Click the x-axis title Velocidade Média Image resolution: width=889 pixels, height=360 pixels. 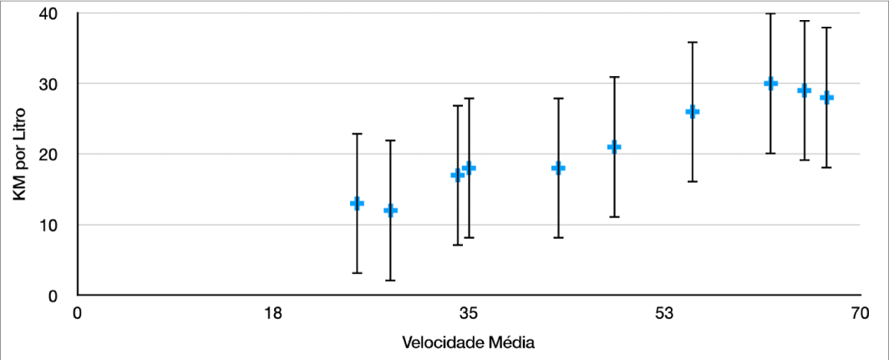pos(468,342)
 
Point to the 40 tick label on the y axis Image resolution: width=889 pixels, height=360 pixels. pos(48,14)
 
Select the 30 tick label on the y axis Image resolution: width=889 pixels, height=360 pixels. pos(48,84)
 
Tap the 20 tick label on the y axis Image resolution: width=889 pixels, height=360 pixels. pos(48,155)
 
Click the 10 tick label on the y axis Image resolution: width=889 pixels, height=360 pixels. pos(48,226)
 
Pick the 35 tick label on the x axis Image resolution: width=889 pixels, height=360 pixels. pos(469,314)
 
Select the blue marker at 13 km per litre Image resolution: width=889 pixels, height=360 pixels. pos(357,203)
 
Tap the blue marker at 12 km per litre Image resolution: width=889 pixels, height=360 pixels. pos(390,210)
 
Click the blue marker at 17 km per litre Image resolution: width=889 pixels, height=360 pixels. pos(457,175)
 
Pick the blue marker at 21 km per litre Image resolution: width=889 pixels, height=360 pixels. pos(614,147)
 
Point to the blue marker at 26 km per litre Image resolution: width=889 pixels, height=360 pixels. pos(692,112)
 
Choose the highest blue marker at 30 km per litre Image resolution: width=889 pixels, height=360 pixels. pos(770,84)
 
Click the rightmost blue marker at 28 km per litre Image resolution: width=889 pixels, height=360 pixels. pos(826,98)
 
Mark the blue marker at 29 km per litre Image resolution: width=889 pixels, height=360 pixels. pos(804,90)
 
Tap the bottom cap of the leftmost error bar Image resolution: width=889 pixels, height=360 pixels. pos(357,273)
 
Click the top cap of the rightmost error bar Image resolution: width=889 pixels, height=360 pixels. pos(826,28)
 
